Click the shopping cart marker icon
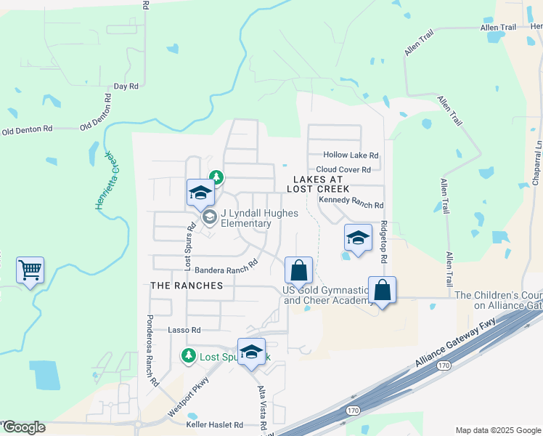[x=30, y=270]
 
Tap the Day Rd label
[x=126, y=86]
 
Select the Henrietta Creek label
[x=106, y=181]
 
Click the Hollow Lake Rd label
[x=351, y=156]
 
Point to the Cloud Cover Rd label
[x=343, y=169]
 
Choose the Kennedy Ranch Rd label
[x=351, y=206]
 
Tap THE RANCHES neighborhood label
[x=187, y=286]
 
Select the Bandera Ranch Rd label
[x=226, y=267]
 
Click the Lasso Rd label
[x=179, y=330]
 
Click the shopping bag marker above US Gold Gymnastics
[x=298, y=271]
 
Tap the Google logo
[x=23, y=427]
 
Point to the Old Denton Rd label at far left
[x=28, y=130]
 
